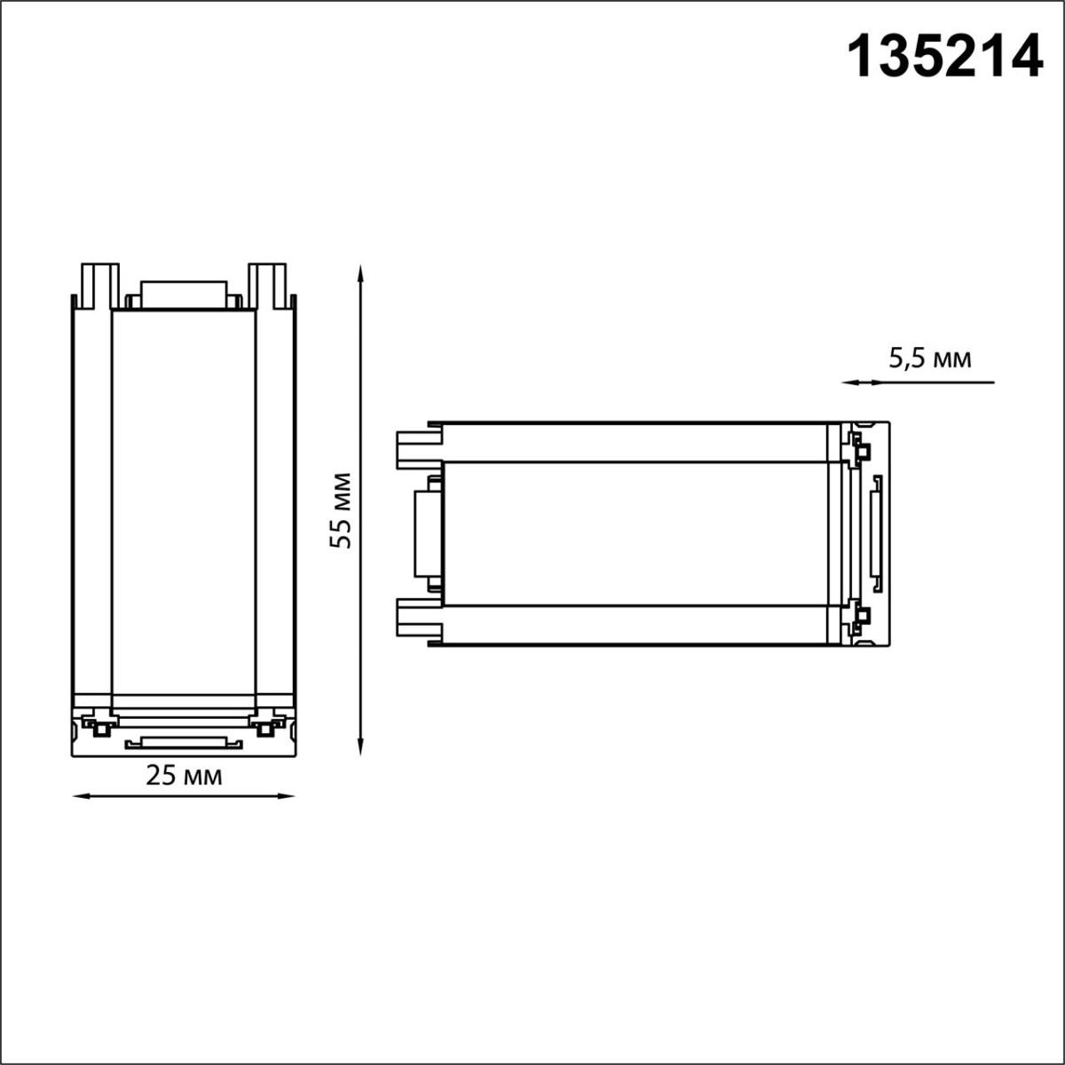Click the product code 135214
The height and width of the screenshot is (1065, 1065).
(944, 56)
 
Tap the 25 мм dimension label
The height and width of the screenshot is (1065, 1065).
(184, 776)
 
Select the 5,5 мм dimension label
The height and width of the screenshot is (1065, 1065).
(930, 359)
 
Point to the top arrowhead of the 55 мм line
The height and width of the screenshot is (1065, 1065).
(360, 272)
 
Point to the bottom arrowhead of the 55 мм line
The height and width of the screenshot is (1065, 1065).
(360, 746)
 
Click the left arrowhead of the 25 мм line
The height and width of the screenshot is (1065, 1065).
(82, 796)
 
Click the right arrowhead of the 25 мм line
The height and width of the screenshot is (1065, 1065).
(285, 796)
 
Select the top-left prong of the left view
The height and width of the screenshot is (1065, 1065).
(100, 285)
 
